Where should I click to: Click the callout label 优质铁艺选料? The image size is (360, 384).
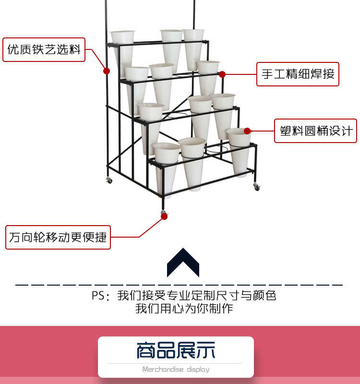(44, 49)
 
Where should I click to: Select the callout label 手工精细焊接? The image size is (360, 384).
(298, 74)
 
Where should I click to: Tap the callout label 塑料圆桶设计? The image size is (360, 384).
(316, 131)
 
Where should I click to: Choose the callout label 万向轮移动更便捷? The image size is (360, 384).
(58, 237)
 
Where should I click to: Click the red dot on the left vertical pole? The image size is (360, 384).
(107, 71)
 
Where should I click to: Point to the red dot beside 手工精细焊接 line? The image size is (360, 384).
(222, 74)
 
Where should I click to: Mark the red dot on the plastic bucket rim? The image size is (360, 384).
(247, 131)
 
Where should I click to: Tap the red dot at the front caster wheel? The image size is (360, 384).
(164, 216)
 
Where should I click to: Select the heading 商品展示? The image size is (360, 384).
(176, 350)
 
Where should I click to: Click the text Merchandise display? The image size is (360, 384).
(176, 369)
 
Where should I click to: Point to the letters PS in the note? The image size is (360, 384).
(97, 295)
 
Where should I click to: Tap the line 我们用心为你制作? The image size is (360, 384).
(184, 308)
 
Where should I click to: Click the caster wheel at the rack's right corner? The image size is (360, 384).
(256, 187)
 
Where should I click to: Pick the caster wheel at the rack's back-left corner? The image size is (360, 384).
(109, 180)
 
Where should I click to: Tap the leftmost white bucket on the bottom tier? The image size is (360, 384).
(166, 169)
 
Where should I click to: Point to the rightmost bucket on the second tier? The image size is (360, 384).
(208, 78)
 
